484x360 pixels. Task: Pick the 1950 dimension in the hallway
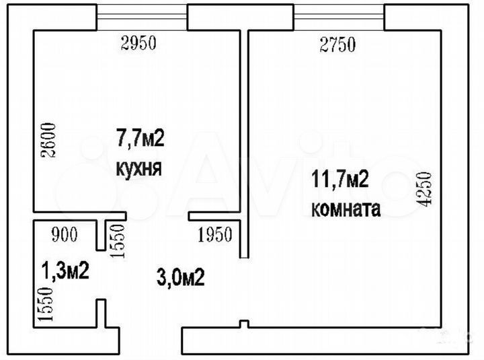(x=214, y=235)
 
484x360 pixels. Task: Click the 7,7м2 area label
(x=140, y=139)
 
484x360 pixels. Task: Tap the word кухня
(x=139, y=168)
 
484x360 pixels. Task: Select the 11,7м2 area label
(x=339, y=180)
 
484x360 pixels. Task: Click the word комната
(x=346, y=209)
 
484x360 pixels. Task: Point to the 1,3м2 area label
(x=66, y=271)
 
